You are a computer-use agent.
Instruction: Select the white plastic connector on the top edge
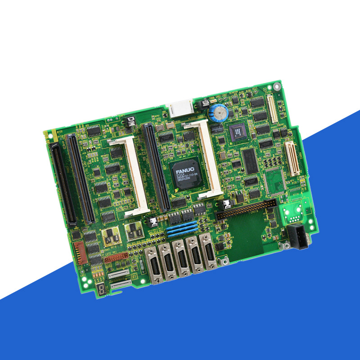coord(180,109)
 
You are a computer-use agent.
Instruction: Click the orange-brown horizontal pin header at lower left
coord(116,258)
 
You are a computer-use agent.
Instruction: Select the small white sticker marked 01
coord(133,275)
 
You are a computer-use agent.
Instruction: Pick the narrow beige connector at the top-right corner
coord(272,108)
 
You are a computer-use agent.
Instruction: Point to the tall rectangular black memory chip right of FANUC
coord(250,161)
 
